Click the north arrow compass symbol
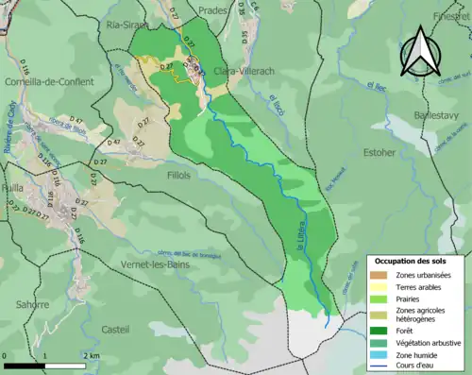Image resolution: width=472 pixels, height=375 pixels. click(421, 53)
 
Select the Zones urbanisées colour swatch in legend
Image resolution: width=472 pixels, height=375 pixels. click(380, 274)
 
